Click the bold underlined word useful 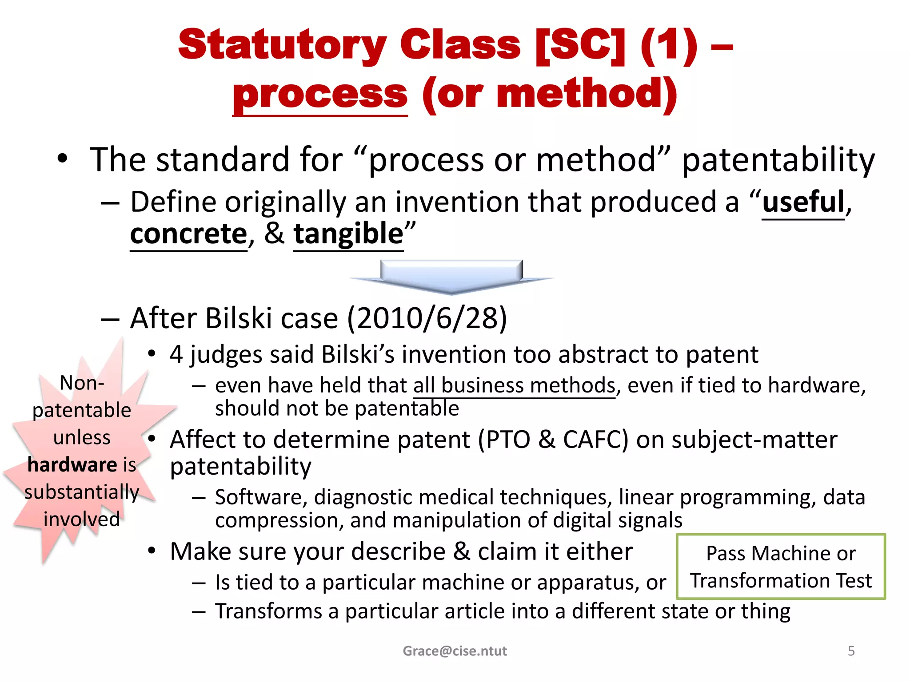point(803,202)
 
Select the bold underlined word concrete point(188,234)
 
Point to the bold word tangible point(348,234)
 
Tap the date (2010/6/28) point(427,318)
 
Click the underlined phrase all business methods point(514,385)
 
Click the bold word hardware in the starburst point(72,465)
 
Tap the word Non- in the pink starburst point(82,383)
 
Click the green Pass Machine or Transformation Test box point(781,567)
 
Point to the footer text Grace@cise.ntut point(455,651)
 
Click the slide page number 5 point(851,651)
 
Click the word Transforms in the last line point(268,611)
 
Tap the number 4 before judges point(176,355)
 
